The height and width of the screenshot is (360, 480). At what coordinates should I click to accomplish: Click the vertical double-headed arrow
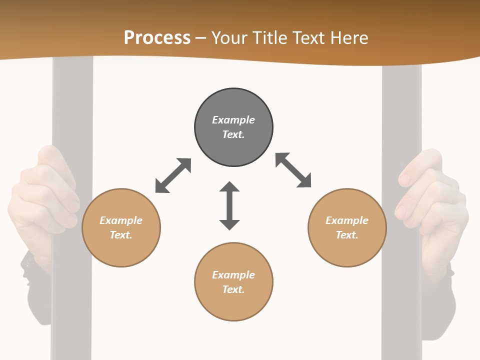(229, 205)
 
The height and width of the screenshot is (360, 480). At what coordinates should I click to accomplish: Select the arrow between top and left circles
(173, 175)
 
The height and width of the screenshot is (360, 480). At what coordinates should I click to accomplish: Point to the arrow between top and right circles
(293, 170)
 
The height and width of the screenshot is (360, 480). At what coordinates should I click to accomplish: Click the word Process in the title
(157, 37)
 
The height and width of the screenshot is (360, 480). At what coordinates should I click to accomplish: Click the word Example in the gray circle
(233, 120)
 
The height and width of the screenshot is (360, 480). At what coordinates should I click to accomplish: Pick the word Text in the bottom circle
(233, 289)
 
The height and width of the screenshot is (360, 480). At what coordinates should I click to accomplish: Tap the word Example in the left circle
(121, 220)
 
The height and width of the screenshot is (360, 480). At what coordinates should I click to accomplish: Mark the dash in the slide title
(201, 38)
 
